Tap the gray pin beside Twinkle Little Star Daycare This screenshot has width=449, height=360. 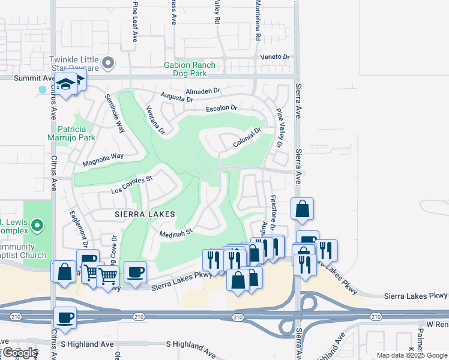pyautogui.click(x=109, y=62)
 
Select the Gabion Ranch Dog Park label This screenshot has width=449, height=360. pyautogui.click(x=185, y=69)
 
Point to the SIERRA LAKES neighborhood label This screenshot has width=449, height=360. pyautogui.click(x=146, y=214)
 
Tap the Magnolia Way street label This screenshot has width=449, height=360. pyautogui.click(x=103, y=157)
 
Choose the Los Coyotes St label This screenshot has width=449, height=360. pyautogui.click(x=133, y=185)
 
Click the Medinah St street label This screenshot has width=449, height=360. pyautogui.click(x=175, y=232)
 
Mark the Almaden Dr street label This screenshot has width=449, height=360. pyautogui.click(x=203, y=92)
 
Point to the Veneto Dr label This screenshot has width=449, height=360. pyautogui.click(x=274, y=57)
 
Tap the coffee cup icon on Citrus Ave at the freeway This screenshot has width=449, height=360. pyautogui.click(x=65, y=317)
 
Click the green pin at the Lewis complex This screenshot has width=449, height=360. pyautogui.click(x=37, y=226)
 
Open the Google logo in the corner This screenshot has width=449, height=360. pyautogui.click(x=20, y=353)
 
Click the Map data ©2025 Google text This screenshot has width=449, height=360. pyautogui.click(x=411, y=355)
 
